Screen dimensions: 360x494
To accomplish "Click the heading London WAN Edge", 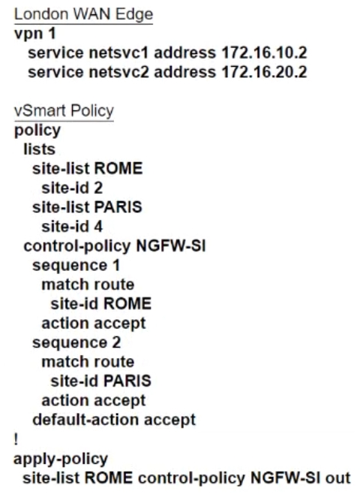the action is pos(84,14).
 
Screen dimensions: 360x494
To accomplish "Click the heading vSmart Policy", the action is pos(64,111).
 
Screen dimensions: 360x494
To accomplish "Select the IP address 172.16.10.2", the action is pos(264,53).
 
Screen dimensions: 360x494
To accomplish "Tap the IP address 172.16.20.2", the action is pos(264,72).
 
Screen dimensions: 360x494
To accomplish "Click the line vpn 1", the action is pos(35,33).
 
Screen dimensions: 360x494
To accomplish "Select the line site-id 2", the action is pos(72,188).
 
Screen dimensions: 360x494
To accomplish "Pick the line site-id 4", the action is pos(72,227).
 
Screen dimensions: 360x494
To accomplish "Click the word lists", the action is pos(39,149).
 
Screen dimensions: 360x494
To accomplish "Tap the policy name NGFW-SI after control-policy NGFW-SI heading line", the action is pos(171,246).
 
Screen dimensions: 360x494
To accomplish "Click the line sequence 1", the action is pos(76,265).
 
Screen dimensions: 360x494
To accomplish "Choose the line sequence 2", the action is pos(76,342).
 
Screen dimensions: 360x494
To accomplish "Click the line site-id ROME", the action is pos(101,304).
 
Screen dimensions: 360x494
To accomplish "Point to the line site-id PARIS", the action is pos(101,381).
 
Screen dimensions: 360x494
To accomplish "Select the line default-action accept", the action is pos(114,420).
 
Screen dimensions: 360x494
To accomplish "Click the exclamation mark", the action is pos(16,439).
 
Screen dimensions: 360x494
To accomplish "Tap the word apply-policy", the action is pos(61,459).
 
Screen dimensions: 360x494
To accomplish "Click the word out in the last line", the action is pos(337,478).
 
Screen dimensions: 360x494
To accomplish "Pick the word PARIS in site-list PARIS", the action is pos(118,207).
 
